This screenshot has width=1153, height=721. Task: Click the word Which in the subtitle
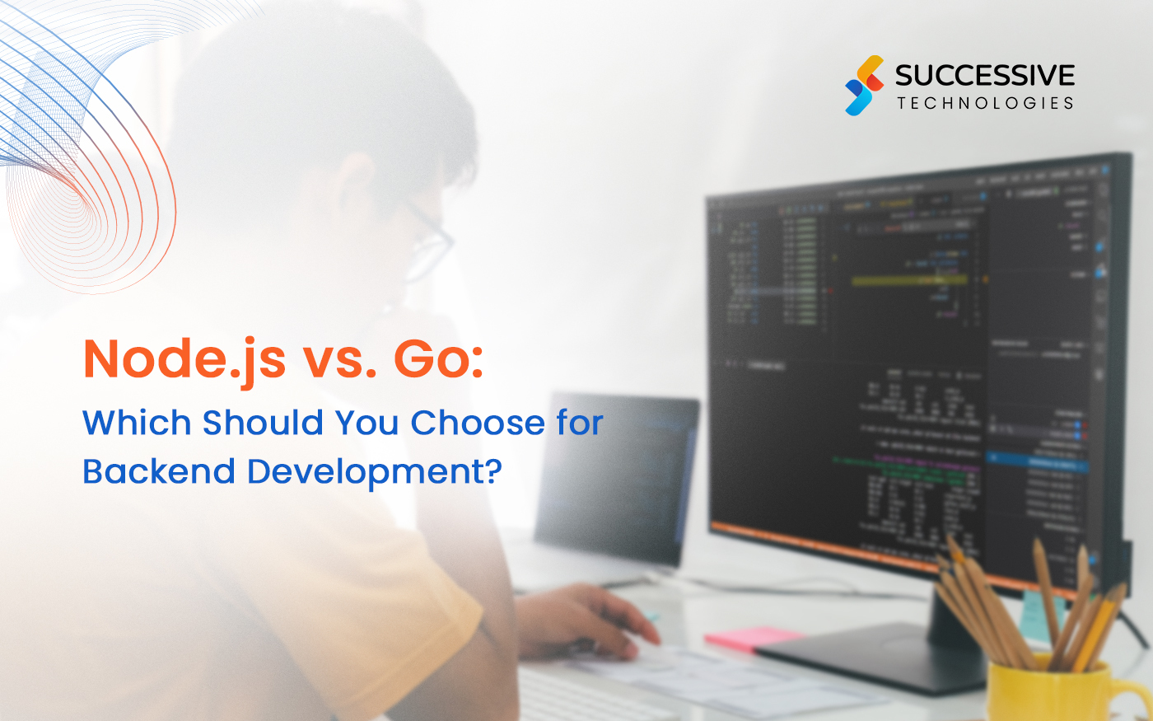point(137,422)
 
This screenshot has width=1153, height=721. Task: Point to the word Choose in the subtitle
point(478,422)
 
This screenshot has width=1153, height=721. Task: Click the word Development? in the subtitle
point(375,472)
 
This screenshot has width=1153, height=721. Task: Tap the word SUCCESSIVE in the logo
point(984,76)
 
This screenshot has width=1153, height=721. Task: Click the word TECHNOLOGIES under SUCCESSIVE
point(985,103)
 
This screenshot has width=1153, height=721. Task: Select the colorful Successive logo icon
point(864,85)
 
